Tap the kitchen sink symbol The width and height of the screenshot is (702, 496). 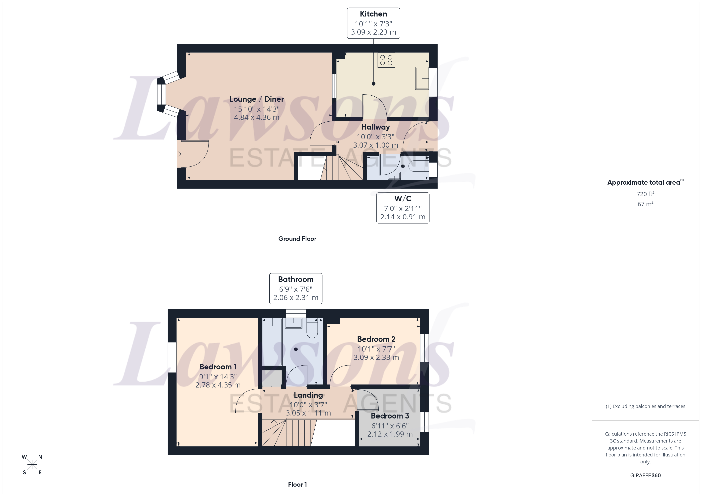pyautogui.click(x=422, y=78)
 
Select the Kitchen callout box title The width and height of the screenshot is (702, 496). pyautogui.click(x=373, y=14)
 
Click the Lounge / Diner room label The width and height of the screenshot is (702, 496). pyautogui.click(x=256, y=99)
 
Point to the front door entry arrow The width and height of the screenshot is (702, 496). pyautogui.click(x=178, y=154)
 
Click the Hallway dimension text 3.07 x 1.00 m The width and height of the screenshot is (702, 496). pyautogui.click(x=375, y=145)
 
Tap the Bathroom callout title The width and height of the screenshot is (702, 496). pyautogui.click(x=296, y=279)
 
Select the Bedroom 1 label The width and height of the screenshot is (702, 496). pyautogui.click(x=218, y=367)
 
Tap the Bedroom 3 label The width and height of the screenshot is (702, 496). pyautogui.click(x=390, y=416)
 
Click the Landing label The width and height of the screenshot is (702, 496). pyautogui.click(x=308, y=395)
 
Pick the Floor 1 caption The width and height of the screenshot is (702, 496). pyautogui.click(x=297, y=484)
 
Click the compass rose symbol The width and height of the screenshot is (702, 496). pyautogui.click(x=32, y=465)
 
